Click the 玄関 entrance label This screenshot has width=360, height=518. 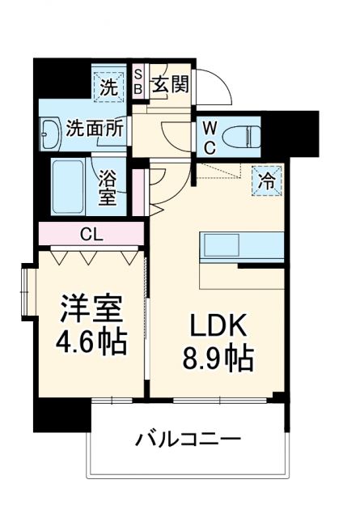[170, 83]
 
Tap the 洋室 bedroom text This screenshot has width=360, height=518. [91, 309]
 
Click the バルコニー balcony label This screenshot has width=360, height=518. [188, 442]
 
